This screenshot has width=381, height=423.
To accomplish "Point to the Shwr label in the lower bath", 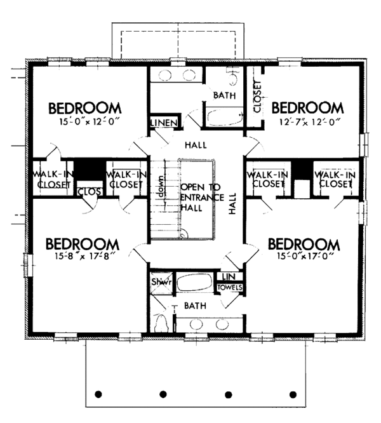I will [159, 282].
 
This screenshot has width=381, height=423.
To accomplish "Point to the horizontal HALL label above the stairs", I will [196, 145].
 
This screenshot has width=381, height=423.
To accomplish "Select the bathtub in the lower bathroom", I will [196, 283].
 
